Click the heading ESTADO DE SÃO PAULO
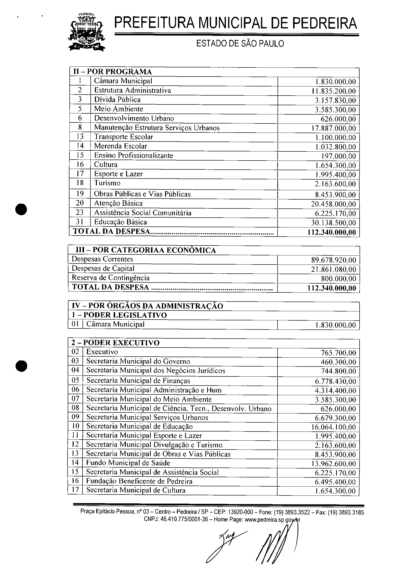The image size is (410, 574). pos(240,44)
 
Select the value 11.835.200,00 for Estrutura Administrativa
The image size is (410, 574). pos(334,91)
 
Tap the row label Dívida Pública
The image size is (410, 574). pos(117,100)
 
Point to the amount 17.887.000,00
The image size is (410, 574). pos(334,128)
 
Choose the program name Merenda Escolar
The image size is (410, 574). pos(120,146)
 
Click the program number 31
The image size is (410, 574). pos(80,222)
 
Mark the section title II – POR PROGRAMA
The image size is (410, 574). pos(113,72)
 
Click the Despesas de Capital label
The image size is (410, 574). pos(103,268)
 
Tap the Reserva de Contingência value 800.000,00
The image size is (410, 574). pos(338,279)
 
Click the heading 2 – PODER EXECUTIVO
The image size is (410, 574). pos(115,343)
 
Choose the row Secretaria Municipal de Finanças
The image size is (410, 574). pos(138,381)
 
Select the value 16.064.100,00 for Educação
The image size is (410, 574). pos(333,427)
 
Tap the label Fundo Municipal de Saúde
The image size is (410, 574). pos(128,463)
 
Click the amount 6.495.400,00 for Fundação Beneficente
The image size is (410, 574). pos(335,482)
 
